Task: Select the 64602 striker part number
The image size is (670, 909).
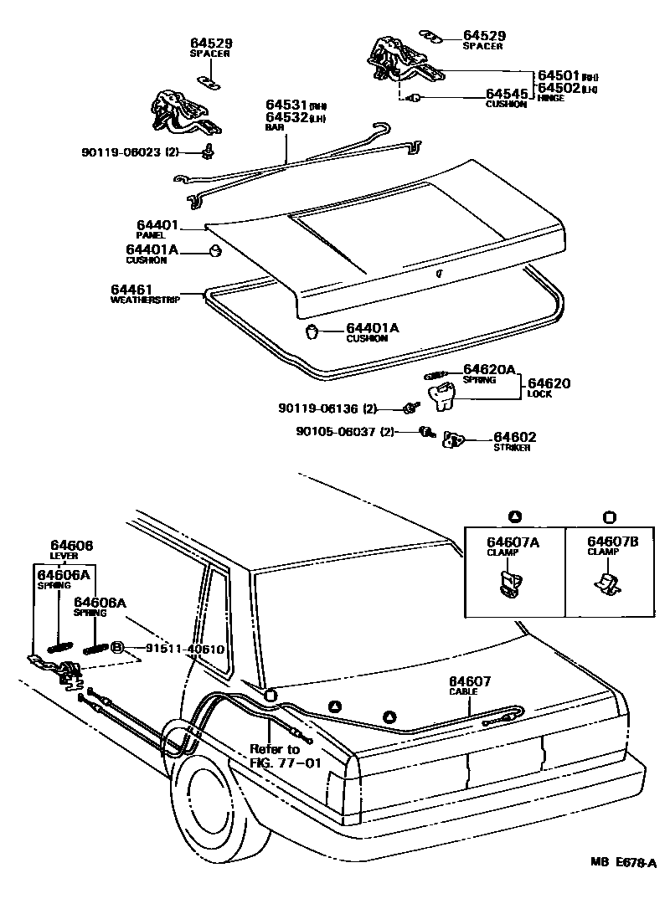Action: coord(514,437)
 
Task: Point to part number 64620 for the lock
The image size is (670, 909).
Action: coord(549,383)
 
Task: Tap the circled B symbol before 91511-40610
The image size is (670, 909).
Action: coord(117,648)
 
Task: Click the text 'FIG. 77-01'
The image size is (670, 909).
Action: coord(286,763)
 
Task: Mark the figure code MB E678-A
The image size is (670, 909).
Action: coord(622,886)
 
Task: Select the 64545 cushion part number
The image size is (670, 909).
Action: coord(507,94)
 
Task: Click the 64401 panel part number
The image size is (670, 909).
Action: coord(157,225)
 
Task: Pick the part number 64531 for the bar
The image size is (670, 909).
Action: coord(287,105)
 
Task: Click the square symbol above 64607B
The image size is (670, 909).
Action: coord(609,515)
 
